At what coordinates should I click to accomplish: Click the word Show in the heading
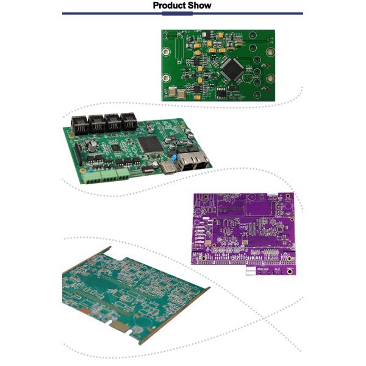200,5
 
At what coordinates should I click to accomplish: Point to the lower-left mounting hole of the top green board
167,77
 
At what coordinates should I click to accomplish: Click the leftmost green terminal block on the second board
95,176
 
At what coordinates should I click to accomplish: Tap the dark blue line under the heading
183,13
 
